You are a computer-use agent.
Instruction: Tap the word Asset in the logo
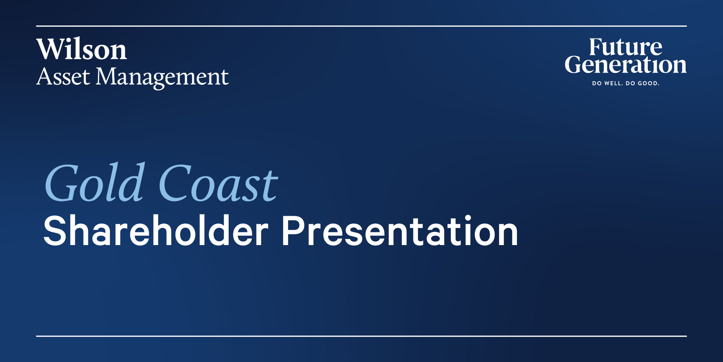63,76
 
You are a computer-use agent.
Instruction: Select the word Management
162,78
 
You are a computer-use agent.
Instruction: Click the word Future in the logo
625,47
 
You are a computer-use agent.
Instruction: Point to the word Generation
625,64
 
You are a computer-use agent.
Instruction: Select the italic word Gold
95,182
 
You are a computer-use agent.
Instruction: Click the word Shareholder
156,230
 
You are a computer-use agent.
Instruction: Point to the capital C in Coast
175,183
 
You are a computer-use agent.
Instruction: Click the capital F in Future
596,47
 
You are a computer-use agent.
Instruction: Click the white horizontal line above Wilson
361,26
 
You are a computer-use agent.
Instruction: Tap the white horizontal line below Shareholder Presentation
361,336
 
